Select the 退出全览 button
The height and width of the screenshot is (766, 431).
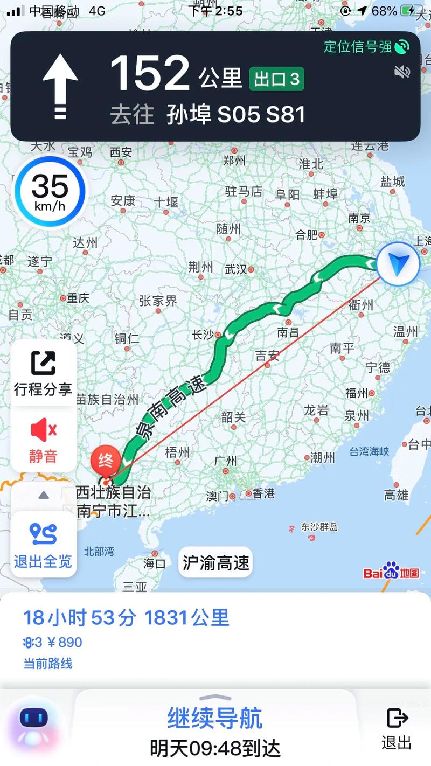pyautogui.click(x=43, y=544)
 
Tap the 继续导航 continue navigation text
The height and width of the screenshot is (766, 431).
pyautogui.click(x=215, y=719)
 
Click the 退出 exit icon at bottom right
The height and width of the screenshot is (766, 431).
pyautogui.click(x=397, y=727)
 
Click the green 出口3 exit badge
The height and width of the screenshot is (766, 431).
pyautogui.click(x=276, y=79)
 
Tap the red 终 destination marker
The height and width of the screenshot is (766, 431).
pyautogui.click(x=105, y=461)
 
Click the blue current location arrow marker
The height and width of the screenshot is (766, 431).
pyautogui.click(x=398, y=264)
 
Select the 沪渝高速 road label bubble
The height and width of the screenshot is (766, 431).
pyautogui.click(x=215, y=563)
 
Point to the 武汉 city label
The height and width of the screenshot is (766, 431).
pyautogui.click(x=235, y=269)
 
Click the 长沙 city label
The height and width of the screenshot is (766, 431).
pyautogui.click(x=203, y=335)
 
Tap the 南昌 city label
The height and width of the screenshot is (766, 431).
pyautogui.click(x=288, y=332)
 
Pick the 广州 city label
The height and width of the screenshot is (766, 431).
pyautogui.click(x=225, y=461)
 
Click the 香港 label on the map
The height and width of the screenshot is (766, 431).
pyautogui.click(x=263, y=493)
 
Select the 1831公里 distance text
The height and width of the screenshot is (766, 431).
pyautogui.click(x=186, y=618)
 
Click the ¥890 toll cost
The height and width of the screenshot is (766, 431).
pyautogui.click(x=64, y=642)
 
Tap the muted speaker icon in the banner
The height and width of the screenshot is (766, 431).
pyautogui.click(x=402, y=72)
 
